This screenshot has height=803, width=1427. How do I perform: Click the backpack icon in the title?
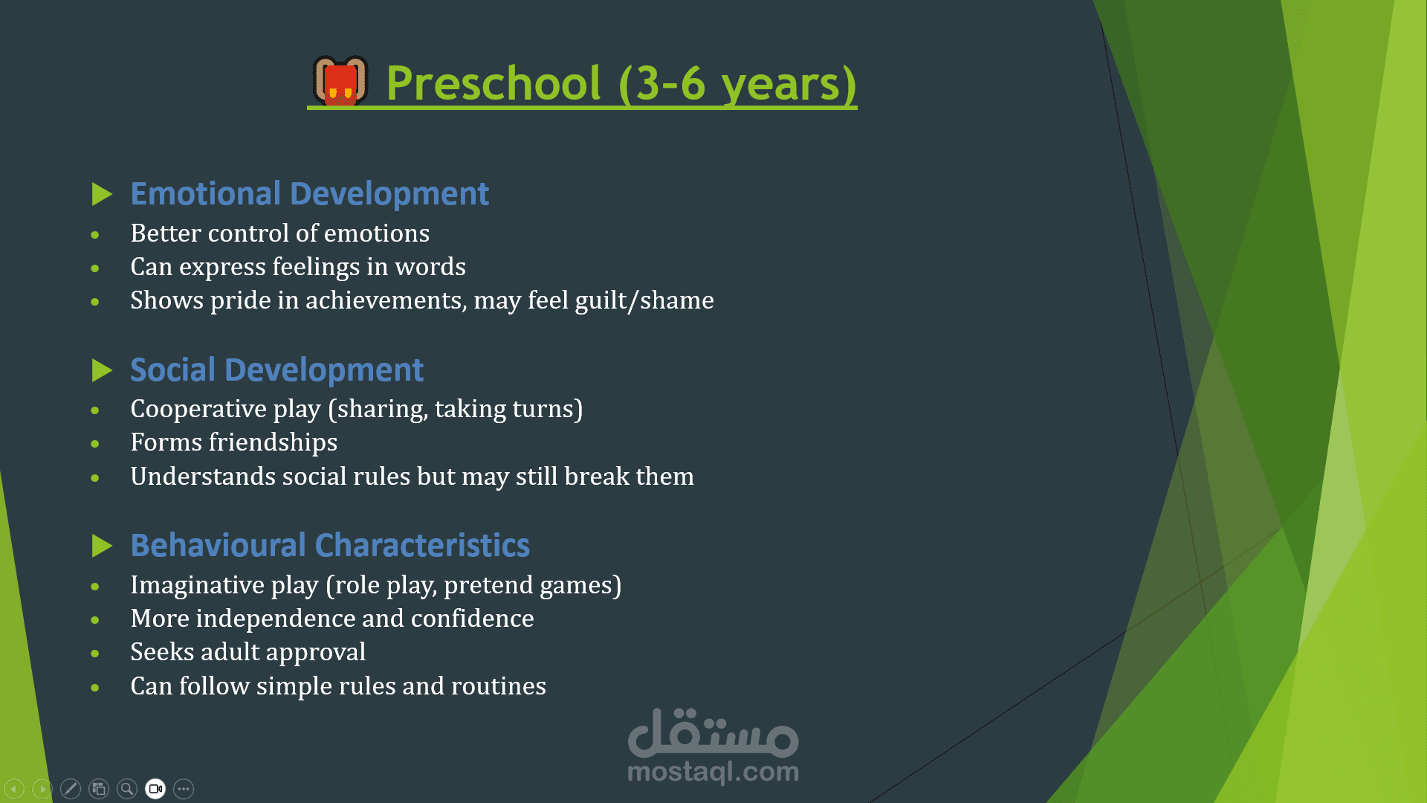click(x=341, y=80)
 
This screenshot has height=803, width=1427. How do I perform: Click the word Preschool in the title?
click(x=494, y=83)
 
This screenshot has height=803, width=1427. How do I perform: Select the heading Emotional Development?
click(x=309, y=193)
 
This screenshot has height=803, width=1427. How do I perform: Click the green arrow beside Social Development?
click(x=102, y=370)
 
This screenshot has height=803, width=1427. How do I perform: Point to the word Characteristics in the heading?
click(x=422, y=545)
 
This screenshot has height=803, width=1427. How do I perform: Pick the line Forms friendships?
click(x=234, y=442)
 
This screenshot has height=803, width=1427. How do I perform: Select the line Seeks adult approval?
click(x=248, y=652)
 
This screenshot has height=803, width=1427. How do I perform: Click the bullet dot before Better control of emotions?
click(x=95, y=235)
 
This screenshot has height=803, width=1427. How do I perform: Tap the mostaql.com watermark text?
click(x=713, y=772)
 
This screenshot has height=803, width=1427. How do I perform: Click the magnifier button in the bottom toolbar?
click(x=127, y=789)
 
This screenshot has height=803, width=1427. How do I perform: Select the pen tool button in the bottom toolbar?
click(x=71, y=789)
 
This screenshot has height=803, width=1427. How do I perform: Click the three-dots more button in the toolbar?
click(x=184, y=789)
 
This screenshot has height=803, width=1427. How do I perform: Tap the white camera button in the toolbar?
click(x=155, y=789)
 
